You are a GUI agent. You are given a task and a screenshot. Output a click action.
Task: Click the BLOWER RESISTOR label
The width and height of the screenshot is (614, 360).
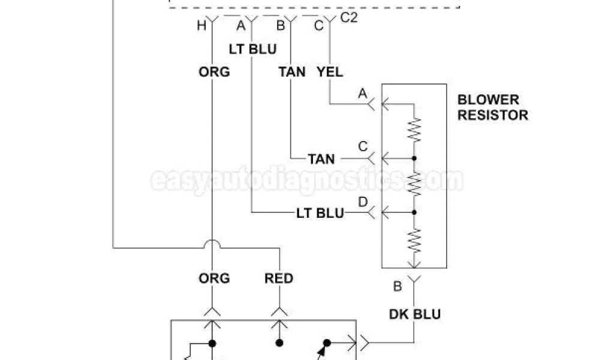(x=493, y=107)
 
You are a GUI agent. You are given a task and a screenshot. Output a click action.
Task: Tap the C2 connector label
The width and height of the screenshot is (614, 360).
(x=349, y=17)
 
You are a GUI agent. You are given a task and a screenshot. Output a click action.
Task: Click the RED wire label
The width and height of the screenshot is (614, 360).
(x=279, y=278)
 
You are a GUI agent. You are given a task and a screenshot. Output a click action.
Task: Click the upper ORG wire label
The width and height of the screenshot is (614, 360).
(x=214, y=72)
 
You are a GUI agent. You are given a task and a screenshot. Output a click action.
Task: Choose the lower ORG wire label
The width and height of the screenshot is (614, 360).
(x=214, y=278)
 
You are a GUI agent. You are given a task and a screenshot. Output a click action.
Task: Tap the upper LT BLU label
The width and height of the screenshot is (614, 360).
(x=253, y=49)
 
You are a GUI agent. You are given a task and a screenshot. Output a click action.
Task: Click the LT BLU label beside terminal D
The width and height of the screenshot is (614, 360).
(x=320, y=212)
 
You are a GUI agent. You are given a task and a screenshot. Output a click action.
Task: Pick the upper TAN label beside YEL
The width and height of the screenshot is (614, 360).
(x=292, y=72)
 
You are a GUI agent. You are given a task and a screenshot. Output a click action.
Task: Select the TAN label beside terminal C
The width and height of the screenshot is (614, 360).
(x=321, y=159)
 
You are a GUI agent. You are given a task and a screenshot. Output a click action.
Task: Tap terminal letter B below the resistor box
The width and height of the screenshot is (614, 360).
(x=397, y=286)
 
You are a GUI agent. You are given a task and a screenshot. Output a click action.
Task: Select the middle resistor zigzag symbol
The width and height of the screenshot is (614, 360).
(x=414, y=185)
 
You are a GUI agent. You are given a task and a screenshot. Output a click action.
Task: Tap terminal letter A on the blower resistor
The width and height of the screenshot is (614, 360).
(x=362, y=94)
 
